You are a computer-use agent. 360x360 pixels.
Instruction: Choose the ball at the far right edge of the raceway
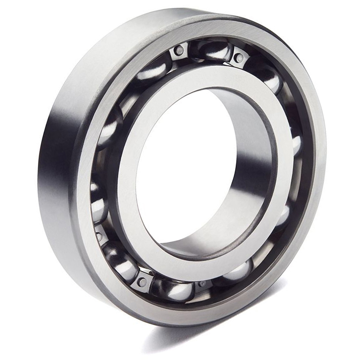coord(296,144)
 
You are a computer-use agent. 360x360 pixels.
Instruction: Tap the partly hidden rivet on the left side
coord(98,234)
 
